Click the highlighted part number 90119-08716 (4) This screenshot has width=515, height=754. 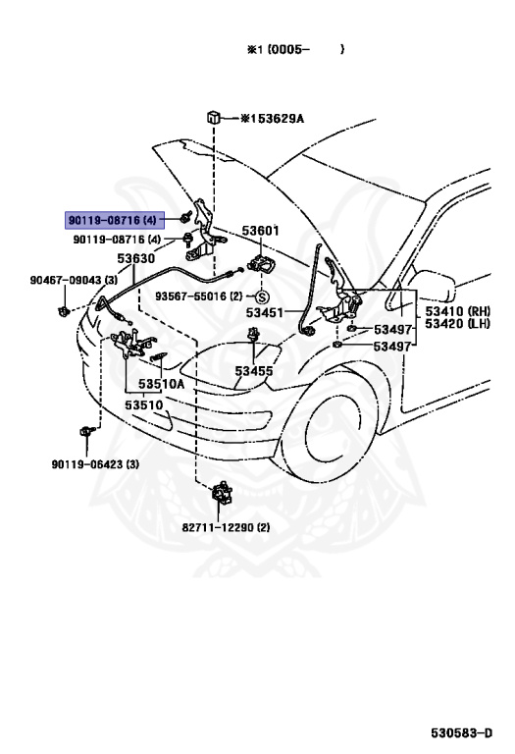[x=113, y=221]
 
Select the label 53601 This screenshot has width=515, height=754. [x=260, y=231]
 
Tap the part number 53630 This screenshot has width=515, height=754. [x=136, y=259]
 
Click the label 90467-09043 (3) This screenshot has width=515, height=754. [x=74, y=280]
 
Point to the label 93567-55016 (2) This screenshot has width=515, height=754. [x=199, y=296]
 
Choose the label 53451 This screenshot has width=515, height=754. [x=265, y=312]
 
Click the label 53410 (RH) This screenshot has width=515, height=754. [x=457, y=310]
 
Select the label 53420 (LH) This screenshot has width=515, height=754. [x=457, y=324]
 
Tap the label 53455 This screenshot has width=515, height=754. [x=254, y=371]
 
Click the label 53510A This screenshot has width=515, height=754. [x=162, y=384]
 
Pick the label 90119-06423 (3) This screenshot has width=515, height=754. [x=95, y=464]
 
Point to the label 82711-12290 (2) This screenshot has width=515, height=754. [x=226, y=527]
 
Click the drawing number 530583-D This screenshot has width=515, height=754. [x=462, y=732]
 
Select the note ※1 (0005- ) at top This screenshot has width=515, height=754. [x=295, y=49]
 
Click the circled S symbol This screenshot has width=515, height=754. [x=262, y=296]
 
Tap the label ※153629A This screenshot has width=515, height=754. [x=273, y=118]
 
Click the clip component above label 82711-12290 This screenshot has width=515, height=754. [x=222, y=492]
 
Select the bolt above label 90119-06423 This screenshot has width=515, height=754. [x=86, y=431]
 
